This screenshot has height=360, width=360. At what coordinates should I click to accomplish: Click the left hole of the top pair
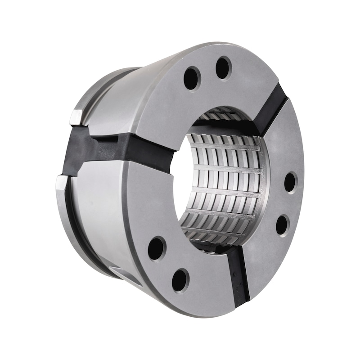tap(192, 78)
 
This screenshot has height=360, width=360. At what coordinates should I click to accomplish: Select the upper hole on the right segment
tap(290, 182)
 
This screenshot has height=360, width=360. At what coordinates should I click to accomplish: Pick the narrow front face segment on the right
tap(283, 198)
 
